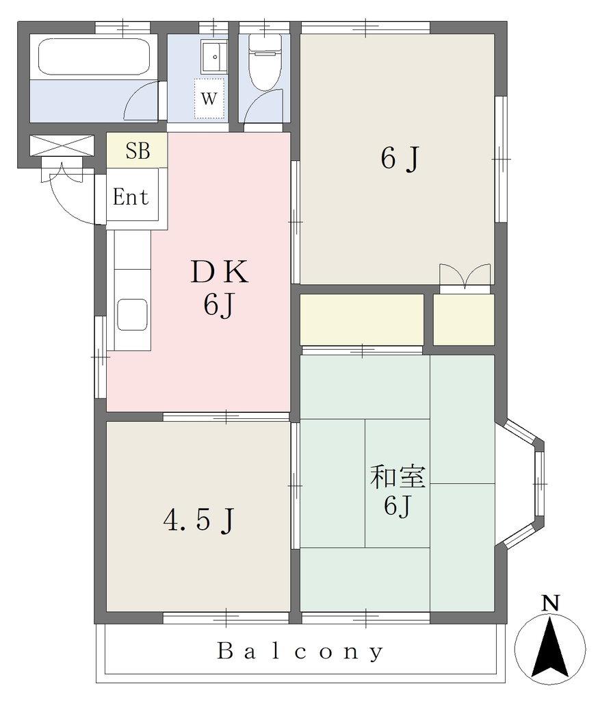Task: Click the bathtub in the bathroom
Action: point(94,56)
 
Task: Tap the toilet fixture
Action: point(265,62)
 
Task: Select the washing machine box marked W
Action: point(209,99)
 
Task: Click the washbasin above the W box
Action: point(214,56)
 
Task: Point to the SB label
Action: point(138,151)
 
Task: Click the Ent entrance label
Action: point(131,196)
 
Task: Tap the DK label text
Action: point(220,272)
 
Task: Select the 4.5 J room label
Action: point(199,520)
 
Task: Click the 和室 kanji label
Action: point(397,476)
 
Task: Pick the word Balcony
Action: point(300,652)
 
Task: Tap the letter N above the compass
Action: point(551,604)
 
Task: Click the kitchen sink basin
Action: point(132,315)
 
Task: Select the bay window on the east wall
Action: point(521,484)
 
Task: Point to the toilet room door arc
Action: point(263,105)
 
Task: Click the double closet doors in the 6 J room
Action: point(465,276)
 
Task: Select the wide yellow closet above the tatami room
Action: point(362,319)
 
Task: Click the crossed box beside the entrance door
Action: point(62,146)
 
